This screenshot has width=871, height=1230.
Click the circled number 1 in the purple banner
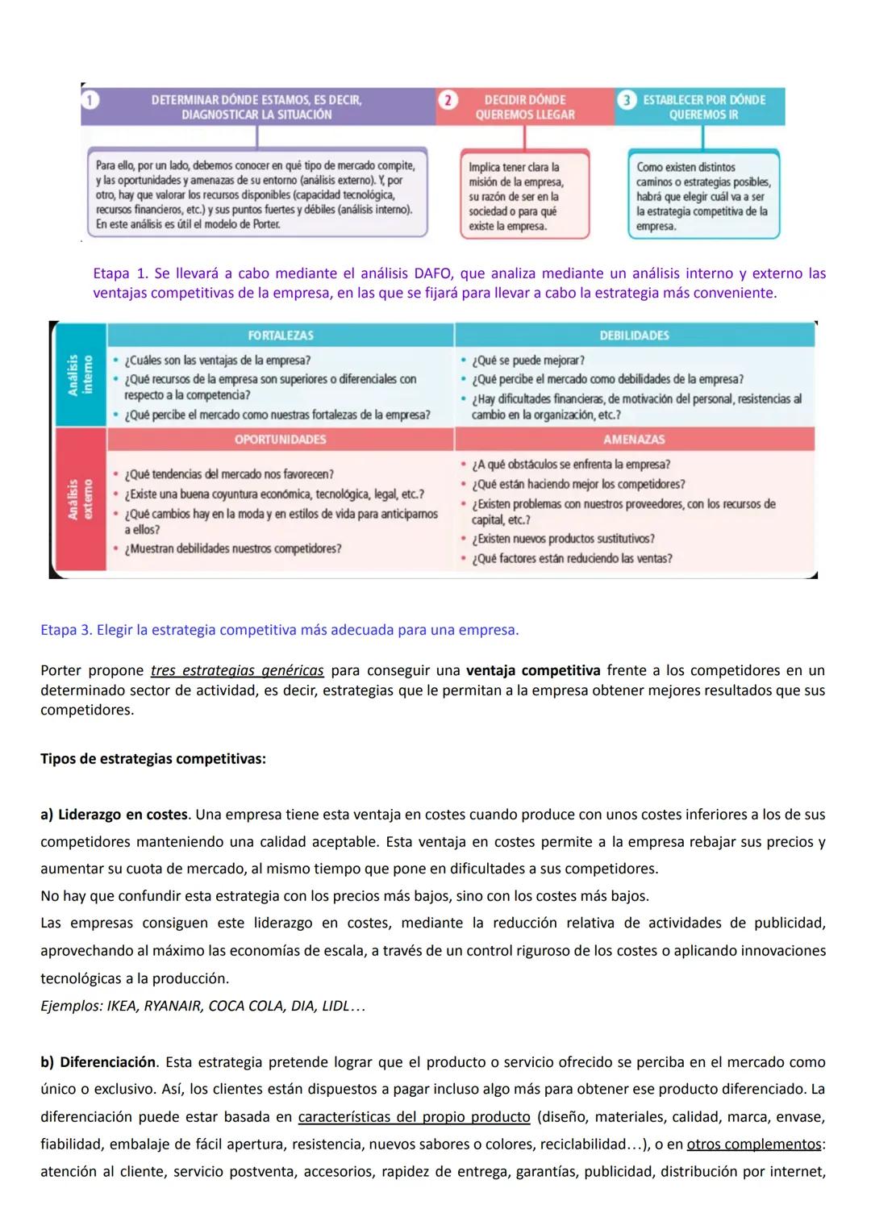90,100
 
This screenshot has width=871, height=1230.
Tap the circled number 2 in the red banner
447,100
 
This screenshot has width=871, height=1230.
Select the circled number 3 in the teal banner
626,100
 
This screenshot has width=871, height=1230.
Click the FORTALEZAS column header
281,336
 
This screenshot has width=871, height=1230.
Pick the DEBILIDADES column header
634,336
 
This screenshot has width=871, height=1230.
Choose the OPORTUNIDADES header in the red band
281,440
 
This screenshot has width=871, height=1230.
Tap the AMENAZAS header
634,440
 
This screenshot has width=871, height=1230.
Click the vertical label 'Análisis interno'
80,375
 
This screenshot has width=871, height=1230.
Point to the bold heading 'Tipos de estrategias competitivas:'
153,759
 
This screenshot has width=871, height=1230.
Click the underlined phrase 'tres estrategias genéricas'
237,671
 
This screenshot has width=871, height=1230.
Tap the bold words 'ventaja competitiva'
533,671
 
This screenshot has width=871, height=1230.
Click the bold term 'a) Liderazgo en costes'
114,815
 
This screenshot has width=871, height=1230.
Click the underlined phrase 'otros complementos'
753,1145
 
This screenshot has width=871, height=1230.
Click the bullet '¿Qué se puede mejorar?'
528,361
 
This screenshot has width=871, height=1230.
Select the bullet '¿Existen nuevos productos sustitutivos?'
563,539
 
